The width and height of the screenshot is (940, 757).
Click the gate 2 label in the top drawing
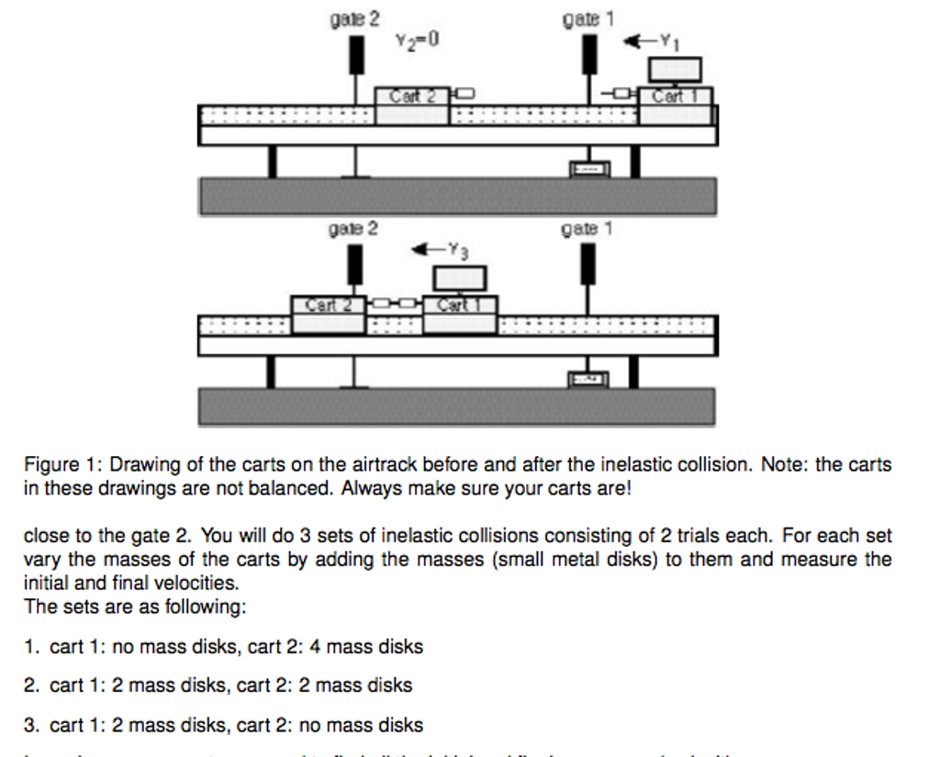coord(354,18)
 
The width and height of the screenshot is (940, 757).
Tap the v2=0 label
coord(418,39)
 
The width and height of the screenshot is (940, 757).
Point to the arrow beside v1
coord(636,39)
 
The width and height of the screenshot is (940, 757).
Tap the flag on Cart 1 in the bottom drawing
coord(460,277)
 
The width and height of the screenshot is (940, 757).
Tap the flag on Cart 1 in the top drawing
coord(676,69)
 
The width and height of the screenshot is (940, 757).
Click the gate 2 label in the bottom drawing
coord(353,228)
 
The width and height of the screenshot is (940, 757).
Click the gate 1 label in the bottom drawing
coord(586,228)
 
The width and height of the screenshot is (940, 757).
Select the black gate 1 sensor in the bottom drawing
coord(587,263)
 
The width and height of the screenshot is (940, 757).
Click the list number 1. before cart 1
coord(32,647)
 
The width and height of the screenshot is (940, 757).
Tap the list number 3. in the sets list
coord(32,726)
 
